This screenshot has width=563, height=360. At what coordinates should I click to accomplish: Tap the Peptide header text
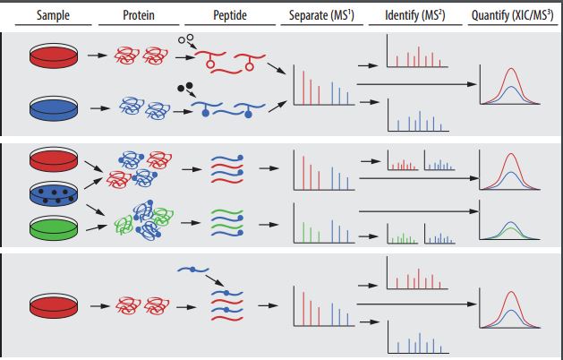click(x=228, y=15)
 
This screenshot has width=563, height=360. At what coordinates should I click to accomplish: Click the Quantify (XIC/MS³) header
click(x=513, y=15)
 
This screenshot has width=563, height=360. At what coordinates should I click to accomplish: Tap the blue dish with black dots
click(x=51, y=193)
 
